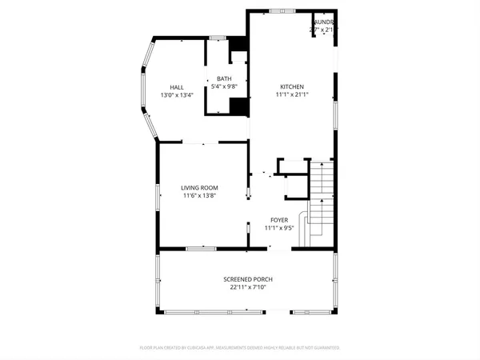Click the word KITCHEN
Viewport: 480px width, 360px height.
pyautogui.click(x=291, y=86)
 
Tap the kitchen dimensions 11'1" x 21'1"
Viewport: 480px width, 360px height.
pyautogui.click(x=291, y=94)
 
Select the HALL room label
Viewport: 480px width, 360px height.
pyautogui.click(x=176, y=87)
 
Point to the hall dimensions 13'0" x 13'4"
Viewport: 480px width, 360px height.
pyautogui.click(x=176, y=95)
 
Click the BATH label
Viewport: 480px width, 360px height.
pyautogui.click(x=223, y=78)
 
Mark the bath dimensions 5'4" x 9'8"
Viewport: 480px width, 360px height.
pyautogui.click(x=223, y=86)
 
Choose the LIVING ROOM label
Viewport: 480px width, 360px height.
pyautogui.click(x=199, y=187)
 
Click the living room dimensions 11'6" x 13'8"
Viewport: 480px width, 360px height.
pyautogui.click(x=199, y=195)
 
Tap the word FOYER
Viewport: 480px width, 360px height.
pyautogui.click(x=279, y=219)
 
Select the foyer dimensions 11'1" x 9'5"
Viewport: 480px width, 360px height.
pyautogui.click(x=279, y=227)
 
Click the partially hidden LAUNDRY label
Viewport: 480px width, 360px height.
pyautogui.click(x=324, y=22)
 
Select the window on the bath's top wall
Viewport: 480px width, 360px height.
pyautogui.click(x=218, y=37)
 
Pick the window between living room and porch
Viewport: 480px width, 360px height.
pyautogui.click(x=201, y=250)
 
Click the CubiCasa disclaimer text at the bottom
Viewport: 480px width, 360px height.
pyautogui.click(x=240, y=348)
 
